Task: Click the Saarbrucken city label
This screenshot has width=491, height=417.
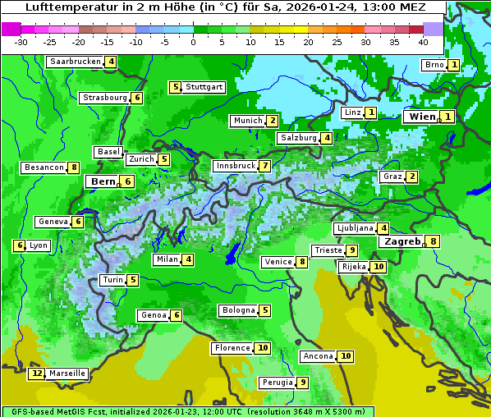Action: point(76,62)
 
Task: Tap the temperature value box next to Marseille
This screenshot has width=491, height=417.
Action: point(36,373)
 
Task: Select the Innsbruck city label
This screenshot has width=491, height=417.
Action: point(235,166)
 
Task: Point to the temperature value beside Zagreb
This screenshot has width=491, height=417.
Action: point(434,241)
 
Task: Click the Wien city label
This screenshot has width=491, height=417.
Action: point(423,117)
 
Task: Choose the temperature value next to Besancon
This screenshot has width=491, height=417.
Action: point(74,167)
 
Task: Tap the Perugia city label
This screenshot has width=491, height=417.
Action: point(276,383)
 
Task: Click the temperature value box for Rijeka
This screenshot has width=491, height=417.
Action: point(378,267)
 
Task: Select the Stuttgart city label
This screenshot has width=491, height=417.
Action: point(204,87)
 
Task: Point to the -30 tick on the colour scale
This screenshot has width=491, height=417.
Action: point(21,42)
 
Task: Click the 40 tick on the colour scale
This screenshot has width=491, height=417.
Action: point(423,42)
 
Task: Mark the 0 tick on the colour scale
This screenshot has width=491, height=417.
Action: point(194,42)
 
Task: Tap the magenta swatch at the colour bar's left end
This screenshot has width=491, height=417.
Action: point(11,29)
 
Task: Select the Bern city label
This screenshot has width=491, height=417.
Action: point(103,181)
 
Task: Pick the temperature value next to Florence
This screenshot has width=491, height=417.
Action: point(262,348)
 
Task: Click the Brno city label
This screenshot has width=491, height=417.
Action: point(434,65)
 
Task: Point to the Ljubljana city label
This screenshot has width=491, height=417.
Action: point(355,228)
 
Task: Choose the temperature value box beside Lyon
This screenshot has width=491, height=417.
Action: point(19,245)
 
